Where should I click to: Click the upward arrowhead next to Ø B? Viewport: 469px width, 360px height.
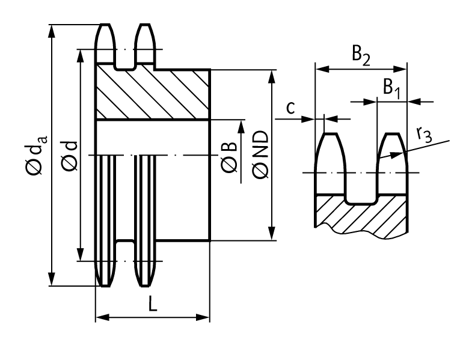coord(242,126)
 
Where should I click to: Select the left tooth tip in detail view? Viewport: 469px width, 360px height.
coord(331,137)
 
